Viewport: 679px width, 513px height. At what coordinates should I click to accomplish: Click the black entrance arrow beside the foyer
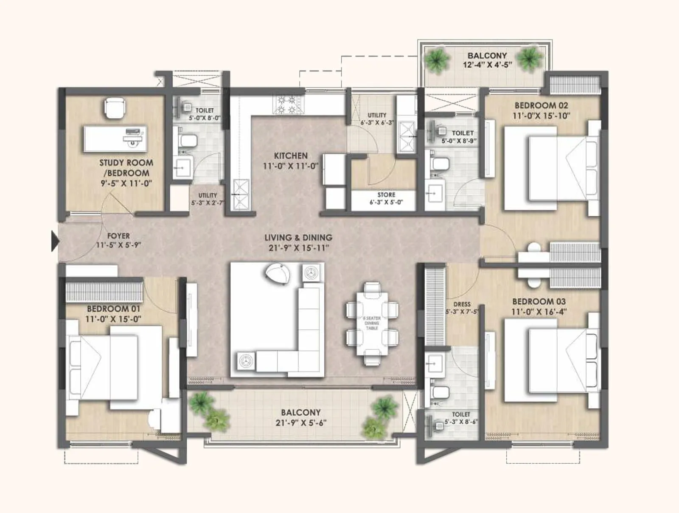click(55, 241)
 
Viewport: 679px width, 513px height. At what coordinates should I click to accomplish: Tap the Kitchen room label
click(291, 156)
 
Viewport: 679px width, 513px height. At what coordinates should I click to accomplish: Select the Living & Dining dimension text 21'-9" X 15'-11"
click(298, 248)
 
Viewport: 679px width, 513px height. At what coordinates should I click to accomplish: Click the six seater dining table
click(372, 323)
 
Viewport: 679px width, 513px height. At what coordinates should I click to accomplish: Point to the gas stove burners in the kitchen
click(288, 105)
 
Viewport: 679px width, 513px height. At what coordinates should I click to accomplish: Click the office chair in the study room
click(115, 108)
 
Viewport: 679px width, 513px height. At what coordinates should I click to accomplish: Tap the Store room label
click(386, 195)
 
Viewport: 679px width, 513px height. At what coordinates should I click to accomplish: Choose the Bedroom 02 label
click(541, 105)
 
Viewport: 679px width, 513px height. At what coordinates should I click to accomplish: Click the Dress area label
click(462, 304)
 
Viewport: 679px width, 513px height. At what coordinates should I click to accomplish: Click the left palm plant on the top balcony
click(437, 60)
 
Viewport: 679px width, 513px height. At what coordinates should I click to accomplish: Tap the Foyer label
click(118, 236)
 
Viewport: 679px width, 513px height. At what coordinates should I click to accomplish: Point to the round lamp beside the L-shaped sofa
click(278, 274)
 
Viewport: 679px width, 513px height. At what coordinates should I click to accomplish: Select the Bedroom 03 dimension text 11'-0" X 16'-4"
click(539, 312)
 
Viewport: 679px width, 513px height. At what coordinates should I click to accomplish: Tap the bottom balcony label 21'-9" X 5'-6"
click(301, 423)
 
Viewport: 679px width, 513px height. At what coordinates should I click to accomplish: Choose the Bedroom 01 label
click(113, 309)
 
